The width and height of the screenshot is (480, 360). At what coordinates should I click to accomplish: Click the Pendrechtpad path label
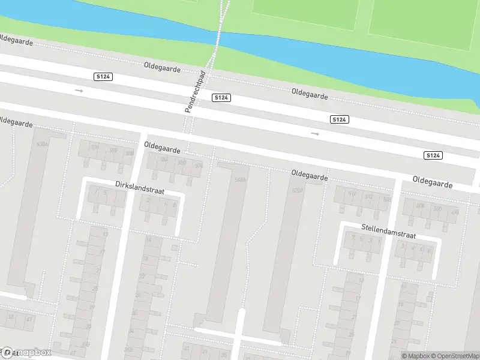pyautogui.click(x=195, y=91)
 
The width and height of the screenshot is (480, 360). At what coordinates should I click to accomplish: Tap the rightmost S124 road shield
pyautogui.click(x=433, y=155)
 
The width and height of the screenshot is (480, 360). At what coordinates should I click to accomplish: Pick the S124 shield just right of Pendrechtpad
pyautogui.click(x=221, y=97)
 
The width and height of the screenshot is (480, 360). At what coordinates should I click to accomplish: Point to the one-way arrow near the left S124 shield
pyautogui.click(x=79, y=91)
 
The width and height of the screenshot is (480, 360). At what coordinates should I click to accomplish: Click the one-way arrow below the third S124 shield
pyautogui.click(x=315, y=134)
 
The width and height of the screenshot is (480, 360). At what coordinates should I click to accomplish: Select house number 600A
pyautogui.click(x=41, y=145)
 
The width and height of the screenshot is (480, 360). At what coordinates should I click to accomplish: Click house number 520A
pyautogui.click(x=296, y=190)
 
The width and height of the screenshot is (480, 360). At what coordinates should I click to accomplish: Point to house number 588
pyautogui.click(x=129, y=153)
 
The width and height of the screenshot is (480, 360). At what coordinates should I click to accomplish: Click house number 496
pyautogui.click(x=455, y=212)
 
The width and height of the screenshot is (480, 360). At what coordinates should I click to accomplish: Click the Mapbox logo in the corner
pyautogui.click(x=27, y=352)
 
